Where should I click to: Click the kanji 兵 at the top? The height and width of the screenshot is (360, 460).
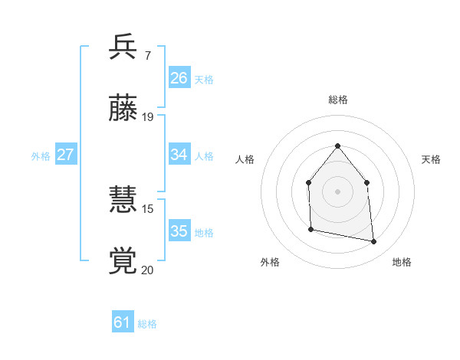pos(123,47)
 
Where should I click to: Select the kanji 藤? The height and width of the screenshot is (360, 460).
pos(123,109)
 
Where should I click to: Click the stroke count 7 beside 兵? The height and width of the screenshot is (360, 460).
pos(147,55)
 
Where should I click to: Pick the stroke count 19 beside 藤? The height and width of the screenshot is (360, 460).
pos(148,117)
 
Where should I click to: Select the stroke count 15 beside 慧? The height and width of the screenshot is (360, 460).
pos(148,208)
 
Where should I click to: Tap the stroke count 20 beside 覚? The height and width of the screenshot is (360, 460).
pos(148,270)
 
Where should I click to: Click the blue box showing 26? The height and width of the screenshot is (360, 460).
pos(179,78)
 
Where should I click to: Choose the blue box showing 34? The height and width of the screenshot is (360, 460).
pos(179,155)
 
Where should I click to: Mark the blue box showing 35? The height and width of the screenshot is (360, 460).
pos(179,231)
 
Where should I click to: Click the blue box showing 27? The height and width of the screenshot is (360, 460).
pos(65,155)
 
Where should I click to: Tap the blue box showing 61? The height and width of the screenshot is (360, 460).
pos(123,322)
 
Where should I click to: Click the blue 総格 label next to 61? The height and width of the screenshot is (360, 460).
pos(147,324)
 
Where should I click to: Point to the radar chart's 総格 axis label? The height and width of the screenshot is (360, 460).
pos(338,100)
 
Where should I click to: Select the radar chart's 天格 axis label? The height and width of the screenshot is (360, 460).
pos(431,159)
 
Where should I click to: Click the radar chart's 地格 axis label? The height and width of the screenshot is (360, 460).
pos(402,263)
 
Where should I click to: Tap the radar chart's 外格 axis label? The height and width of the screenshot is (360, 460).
pos(270,263)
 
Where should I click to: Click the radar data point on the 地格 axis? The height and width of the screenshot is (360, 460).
pos(374,242)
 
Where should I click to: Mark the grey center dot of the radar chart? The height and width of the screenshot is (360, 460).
pos(337,191)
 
